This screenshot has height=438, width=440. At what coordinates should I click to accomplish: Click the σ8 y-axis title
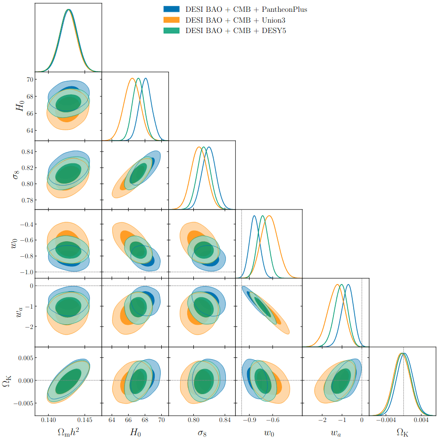[17, 175]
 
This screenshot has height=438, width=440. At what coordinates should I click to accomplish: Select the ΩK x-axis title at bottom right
[402, 432]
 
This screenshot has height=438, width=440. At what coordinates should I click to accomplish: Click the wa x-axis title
[335, 432]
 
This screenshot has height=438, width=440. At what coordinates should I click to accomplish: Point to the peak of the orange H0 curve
[133, 78]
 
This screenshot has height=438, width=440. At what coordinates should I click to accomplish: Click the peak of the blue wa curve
[348, 285]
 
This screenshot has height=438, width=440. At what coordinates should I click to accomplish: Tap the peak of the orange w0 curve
[269, 216]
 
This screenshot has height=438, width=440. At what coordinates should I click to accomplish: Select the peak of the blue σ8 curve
[208, 147]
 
